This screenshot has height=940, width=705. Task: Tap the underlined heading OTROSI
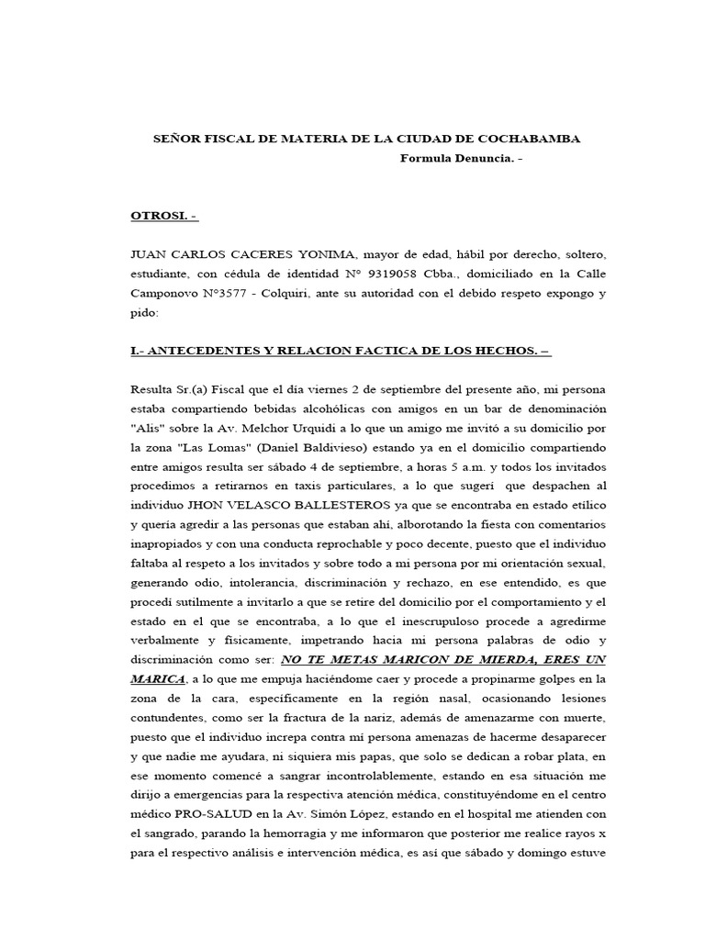pyautogui.click(x=163, y=216)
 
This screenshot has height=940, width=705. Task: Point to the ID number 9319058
pyautogui.click(x=416, y=274)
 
